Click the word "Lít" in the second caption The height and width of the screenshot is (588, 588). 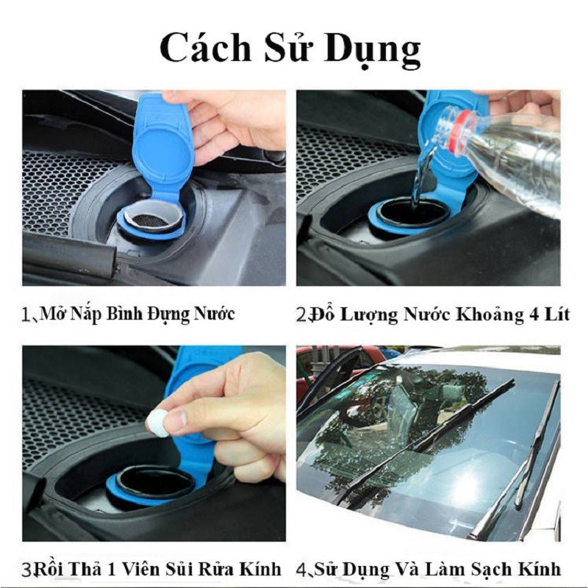pyautogui.click(x=557, y=315)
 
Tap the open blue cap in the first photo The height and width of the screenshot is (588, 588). pyautogui.click(x=158, y=147)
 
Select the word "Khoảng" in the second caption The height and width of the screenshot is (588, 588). pyautogui.click(x=485, y=315)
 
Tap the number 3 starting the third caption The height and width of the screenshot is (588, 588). pyautogui.click(x=26, y=569)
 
